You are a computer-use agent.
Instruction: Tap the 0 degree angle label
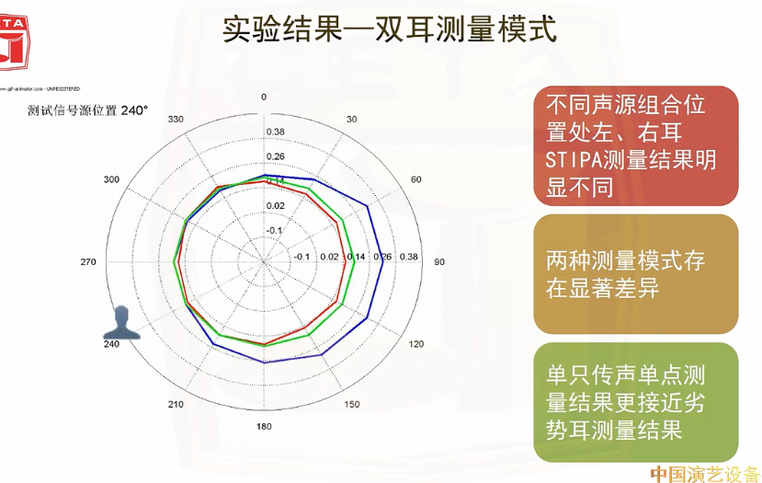pyautogui.click(x=264, y=98)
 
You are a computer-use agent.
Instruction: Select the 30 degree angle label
pyautogui.click(x=350, y=120)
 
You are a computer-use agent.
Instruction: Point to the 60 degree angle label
pyautogui.click(x=415, y=179)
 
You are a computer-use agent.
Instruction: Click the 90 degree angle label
pyautogui.click(x=438, y=262)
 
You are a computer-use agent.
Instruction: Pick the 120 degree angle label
pyautogui.click(x=415, y=344)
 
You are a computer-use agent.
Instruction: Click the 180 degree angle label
pyautogui.click(x=264, y=426)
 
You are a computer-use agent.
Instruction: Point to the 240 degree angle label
pyautogui.click(x=112, y=344)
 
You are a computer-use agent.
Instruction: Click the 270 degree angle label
pyautogui.click(x=88, y=262)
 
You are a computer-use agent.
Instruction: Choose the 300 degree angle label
pyautogui.click(x=112, y=179)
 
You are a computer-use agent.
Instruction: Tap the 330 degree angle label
pyautogui.click(x=176, y=120)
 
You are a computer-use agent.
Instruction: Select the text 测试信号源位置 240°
pyautogui.click(x=88, y=110)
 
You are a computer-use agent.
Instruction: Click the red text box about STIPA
pyautogui.click(x=636, y=145)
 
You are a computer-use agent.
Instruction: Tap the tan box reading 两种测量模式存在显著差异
pyautogui.click(x=636, y=274)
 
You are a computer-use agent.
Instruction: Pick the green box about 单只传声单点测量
pyautogui.click(x=636, y=402)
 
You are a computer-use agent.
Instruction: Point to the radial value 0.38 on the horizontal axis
pyautogui.click(x=409, y=257)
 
